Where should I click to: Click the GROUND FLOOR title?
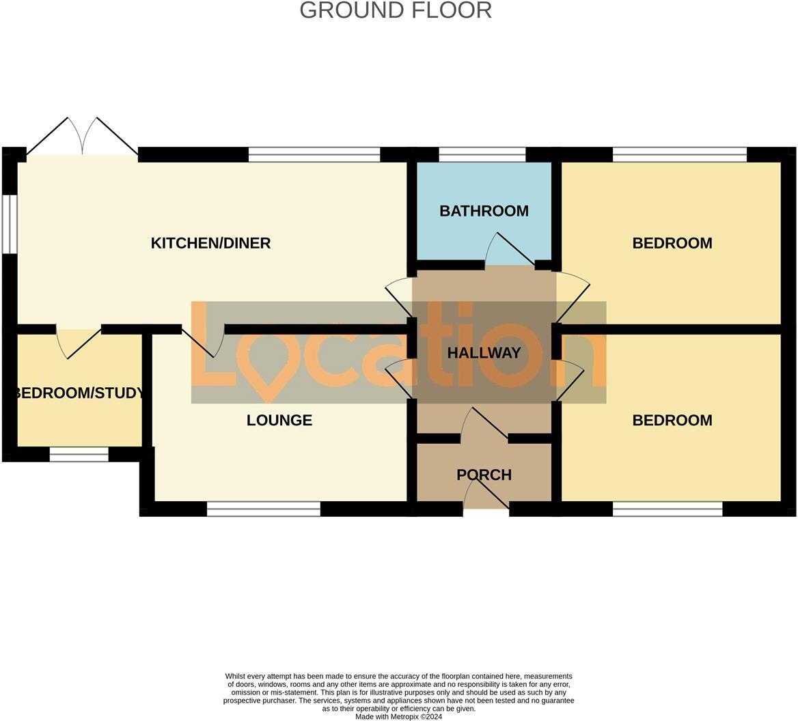point(396,10)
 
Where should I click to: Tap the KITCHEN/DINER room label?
point(210,243)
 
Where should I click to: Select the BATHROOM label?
point(484,211)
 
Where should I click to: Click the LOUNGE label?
point(279,421)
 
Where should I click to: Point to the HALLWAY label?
point(484,353)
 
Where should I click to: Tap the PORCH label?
point(484,475)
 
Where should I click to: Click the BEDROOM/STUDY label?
point(79,393)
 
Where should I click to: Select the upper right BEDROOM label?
point(672,243)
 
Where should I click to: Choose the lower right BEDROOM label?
point(672,421)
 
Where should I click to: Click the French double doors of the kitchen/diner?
point(82,137)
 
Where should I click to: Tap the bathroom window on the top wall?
point(482,154)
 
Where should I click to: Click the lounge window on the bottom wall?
point(263,509)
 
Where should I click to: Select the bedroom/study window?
point(79,454)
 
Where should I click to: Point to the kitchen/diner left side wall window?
point(9,225)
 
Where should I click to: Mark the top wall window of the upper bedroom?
point(680,154)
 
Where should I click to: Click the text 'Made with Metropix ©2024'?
point(398,717)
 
